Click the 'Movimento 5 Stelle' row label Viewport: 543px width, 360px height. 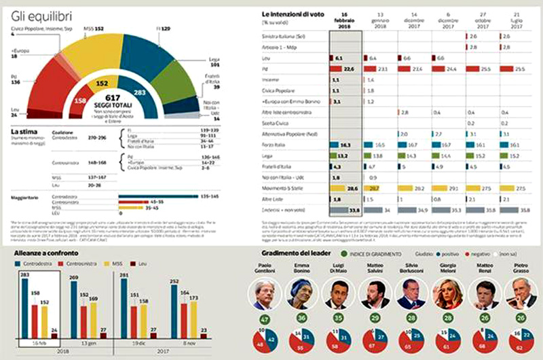tap(284, 186)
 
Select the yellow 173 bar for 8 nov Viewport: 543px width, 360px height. tap(193, 317)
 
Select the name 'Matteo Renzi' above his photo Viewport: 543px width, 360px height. tap(485, 269)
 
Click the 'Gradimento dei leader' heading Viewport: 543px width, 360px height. tap(309, 253)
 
